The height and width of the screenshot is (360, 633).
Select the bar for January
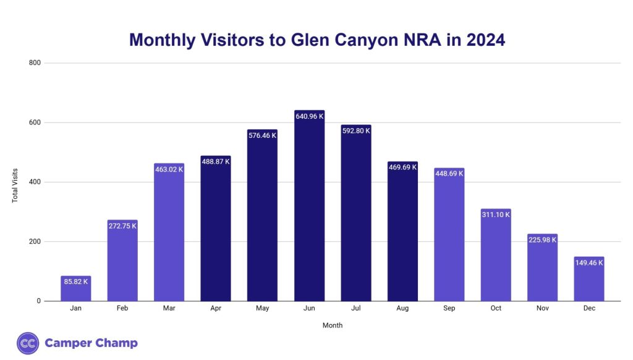click(x=75, y=289)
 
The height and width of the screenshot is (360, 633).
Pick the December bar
click(x=588, y=279)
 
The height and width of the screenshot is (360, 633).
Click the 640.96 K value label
click(x=309, y=116)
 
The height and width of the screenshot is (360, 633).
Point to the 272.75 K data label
click(x=122, y=226)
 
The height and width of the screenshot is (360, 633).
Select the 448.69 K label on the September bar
click(x=449, y=174)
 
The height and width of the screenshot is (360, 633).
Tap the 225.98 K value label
click(x=542, y=240)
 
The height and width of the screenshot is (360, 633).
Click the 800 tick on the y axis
click(x=35, y=62)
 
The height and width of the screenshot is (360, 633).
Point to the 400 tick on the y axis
click(x=35, y=182)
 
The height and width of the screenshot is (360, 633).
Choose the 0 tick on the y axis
click(x=38, y=301)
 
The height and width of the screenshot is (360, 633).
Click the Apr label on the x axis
click(x=216, y=308)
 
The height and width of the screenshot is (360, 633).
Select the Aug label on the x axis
click(x=402, y=308)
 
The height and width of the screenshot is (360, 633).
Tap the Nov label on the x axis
click(x=542, y=308)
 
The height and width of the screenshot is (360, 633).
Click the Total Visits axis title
click(x=15, y=186)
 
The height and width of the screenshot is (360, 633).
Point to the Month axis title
click(x=332, y=325)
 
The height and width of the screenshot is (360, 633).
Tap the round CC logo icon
click(x=28, y=343)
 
